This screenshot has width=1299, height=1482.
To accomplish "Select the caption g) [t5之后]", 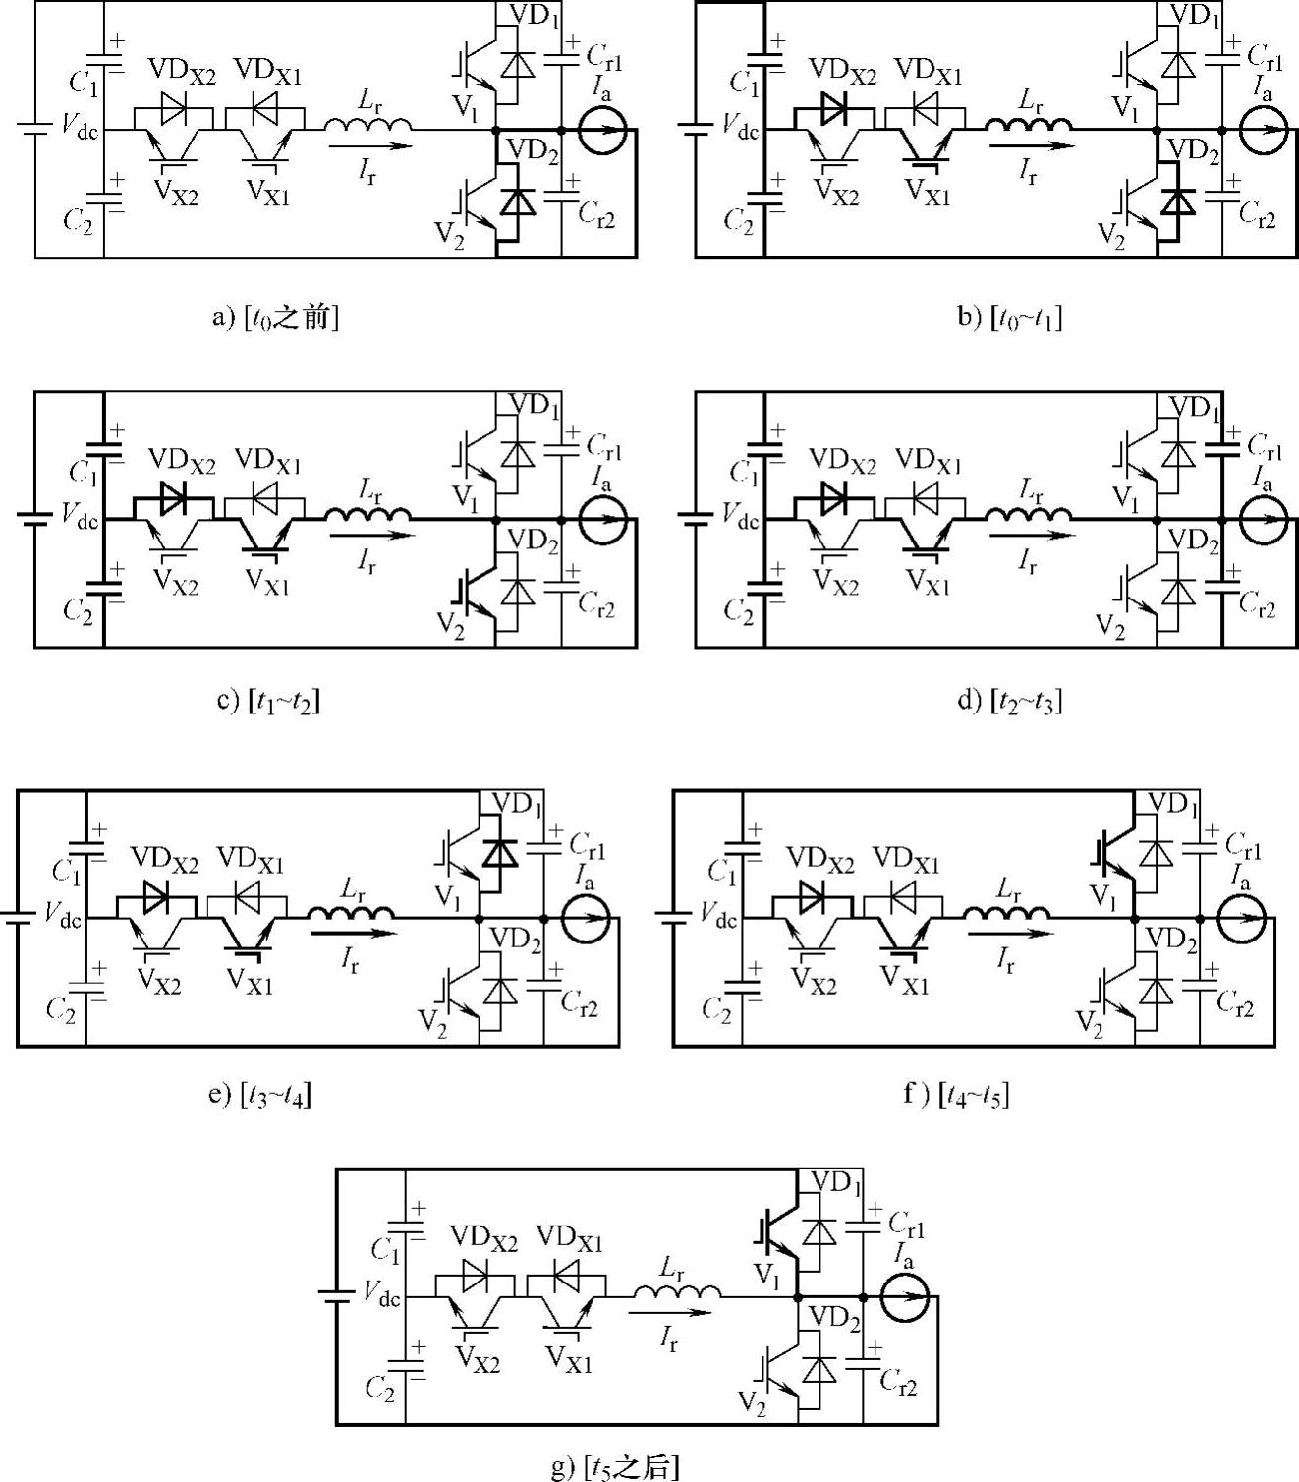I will tap(615, 1467).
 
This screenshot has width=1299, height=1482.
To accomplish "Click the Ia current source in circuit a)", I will tap(600, 129).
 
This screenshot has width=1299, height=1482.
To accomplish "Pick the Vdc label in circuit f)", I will tap(718, 916).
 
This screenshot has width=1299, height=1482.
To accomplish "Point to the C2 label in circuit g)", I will tap(380, 1387).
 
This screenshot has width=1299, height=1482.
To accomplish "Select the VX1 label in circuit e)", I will tap(250, 980).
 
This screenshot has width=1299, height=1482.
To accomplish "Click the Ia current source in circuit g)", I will tap(903, 1297).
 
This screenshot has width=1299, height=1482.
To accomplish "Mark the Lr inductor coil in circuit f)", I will tap(1007, 910).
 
